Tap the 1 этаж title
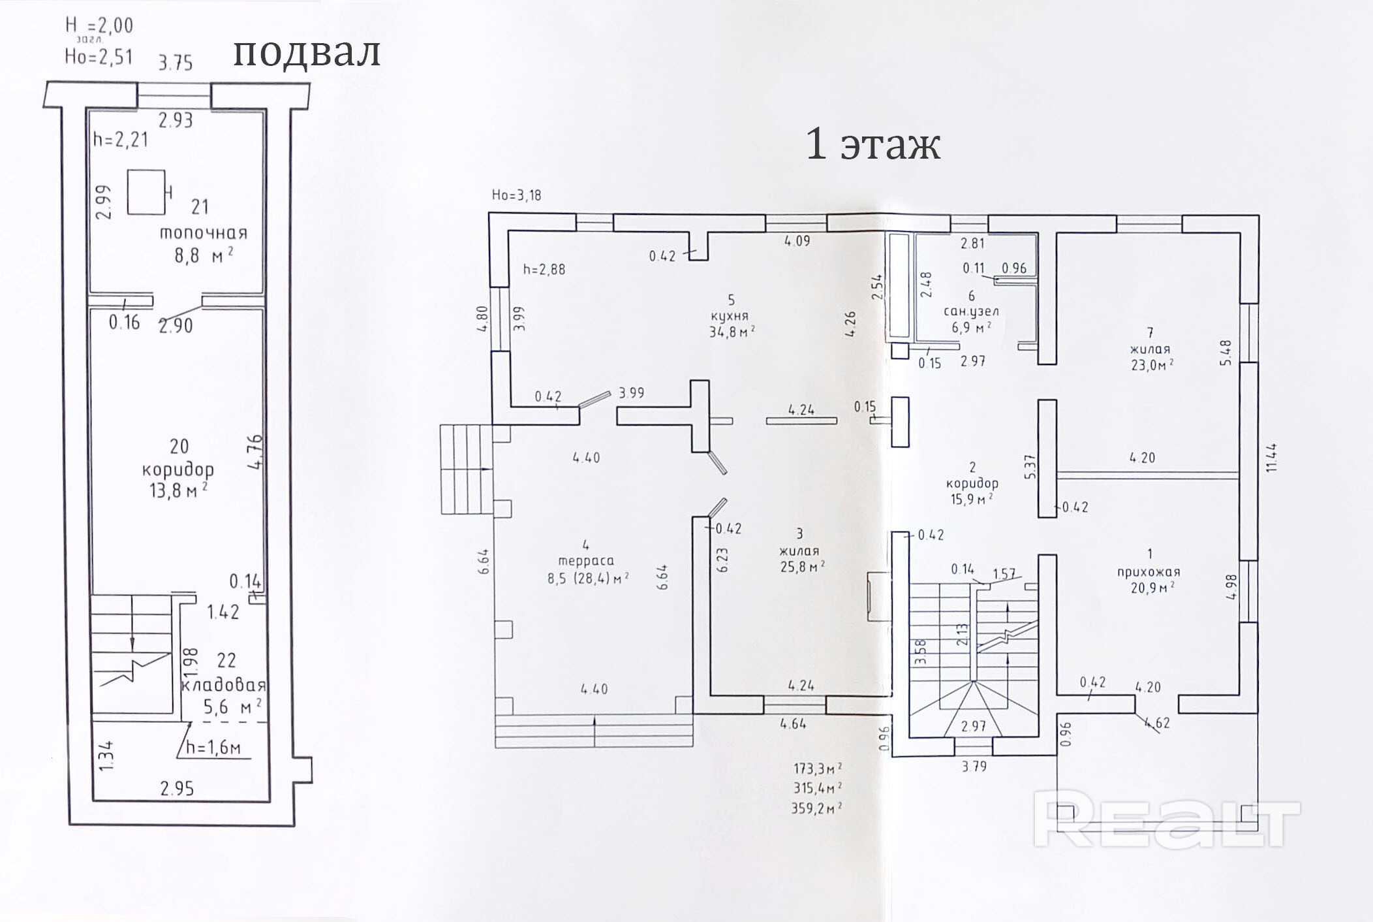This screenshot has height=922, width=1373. point(873,144)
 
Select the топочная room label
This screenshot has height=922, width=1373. point(204,233)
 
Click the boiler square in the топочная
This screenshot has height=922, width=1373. point(146,191)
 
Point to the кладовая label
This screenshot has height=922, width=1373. point(224,685)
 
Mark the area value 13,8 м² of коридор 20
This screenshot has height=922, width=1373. point(178,490)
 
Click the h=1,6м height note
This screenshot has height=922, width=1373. point(213,748)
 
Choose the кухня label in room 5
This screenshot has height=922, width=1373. point(730,316)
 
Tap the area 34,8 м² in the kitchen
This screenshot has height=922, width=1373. point(732,332)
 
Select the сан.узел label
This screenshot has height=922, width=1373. point(971,311)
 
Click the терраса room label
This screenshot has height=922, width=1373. point(585,560)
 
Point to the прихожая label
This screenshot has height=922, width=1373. point(1149,572)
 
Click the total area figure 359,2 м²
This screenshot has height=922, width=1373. point(816,808)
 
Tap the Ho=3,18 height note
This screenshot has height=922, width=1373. point(516,195)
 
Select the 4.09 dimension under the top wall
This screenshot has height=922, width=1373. point(797,241)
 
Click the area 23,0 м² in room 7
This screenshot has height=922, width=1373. point(1152,365)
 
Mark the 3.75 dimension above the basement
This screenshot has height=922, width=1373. point(176,63)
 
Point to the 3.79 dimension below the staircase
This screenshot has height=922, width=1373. point(974,766)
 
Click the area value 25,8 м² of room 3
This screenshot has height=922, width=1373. point(802,567)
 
